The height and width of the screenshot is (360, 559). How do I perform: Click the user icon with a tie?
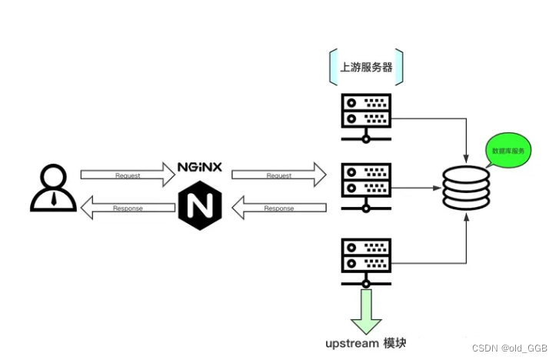click(x=54, y=188)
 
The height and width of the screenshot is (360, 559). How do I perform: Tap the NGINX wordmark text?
click(x=200, y=167)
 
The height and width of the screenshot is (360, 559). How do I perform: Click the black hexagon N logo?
click(x=200, y=205)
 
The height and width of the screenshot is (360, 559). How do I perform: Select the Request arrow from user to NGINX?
click(x=128, y=175)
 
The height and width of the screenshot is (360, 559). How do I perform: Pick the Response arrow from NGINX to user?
click(x=128, y=208)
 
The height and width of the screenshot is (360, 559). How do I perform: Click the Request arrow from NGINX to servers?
click(x=279, y=175)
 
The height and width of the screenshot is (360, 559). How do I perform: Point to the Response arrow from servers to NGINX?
click(x=279, y=208)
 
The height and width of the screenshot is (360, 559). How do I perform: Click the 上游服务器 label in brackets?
click(x=366, y=67)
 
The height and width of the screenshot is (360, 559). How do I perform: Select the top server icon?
click(x=366, y=118)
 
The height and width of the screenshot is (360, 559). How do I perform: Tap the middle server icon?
click(x=366, y=188)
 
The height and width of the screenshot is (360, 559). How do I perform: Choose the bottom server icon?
click(x=366, y=263)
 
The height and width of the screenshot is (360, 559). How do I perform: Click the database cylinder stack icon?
click(x=466, y=188)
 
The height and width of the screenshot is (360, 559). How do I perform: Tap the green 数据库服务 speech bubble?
click(x=507, y=150)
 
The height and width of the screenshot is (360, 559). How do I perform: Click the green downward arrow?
click(x=366, y=312)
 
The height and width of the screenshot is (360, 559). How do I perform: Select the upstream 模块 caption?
click(x=366, y=343)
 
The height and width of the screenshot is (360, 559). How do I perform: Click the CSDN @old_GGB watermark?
click(x=510, y=348)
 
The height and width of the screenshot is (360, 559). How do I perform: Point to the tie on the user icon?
click(x=54, y=198)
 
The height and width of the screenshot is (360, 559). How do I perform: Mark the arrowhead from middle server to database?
click(x=437, y=188)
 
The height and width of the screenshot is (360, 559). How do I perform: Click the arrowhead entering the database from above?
click(x=466, y=158)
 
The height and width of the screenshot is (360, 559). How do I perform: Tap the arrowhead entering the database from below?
click(x=466, y=217)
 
